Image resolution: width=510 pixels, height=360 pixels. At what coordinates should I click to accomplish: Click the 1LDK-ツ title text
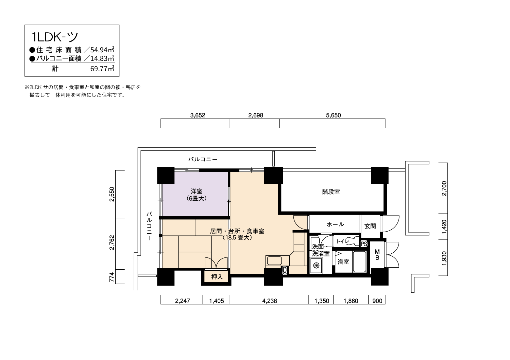(55, 37)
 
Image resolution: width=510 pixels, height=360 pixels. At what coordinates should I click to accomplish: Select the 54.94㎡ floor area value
(102, 49)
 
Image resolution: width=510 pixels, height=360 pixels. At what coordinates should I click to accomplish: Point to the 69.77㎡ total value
(102, 69)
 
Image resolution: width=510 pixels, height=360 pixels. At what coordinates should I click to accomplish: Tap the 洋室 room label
(197, 191)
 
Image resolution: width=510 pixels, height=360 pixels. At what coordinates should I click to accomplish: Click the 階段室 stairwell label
(331, 192)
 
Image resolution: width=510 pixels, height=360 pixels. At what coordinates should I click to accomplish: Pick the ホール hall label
(335, 224)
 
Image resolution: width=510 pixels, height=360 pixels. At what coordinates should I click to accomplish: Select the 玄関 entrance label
(370, 226)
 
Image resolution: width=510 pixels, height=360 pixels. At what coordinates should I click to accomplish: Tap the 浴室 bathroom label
(343, 262)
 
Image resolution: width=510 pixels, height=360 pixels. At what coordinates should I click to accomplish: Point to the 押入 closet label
(217, 276)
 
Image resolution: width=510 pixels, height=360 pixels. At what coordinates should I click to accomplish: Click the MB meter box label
(377, 255)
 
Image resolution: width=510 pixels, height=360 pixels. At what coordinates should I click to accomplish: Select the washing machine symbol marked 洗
(316, 265)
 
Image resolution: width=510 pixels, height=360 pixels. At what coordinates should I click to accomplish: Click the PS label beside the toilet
(364, 244)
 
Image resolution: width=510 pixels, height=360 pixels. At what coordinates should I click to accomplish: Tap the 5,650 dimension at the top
(333, 115)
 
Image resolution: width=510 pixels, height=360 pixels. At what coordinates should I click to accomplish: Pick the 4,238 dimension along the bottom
(270, 301)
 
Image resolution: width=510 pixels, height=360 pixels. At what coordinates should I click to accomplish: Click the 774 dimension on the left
(112, 277)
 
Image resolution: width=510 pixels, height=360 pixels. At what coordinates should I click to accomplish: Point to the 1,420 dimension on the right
(444, 227)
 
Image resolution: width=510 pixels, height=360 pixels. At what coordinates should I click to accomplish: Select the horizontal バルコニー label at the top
(203, 159)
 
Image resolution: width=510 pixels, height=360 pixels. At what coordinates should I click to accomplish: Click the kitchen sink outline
(274, 260)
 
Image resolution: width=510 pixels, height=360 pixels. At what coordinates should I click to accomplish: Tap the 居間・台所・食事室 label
(237, 231)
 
